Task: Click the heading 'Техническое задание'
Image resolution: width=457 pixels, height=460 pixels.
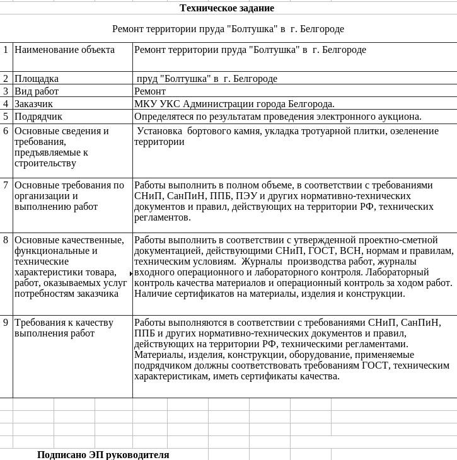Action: click(x=227, y=8)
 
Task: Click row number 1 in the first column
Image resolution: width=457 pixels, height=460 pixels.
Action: click(x=6, y=49)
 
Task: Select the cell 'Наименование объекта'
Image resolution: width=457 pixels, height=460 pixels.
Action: click(x=64, y=50)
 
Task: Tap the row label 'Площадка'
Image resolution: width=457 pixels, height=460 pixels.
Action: click(x=37, y=79)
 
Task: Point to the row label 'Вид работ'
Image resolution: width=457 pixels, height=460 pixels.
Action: click(x=37, y=91)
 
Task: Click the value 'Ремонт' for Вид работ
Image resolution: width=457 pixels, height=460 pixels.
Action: click(x=150, y=91)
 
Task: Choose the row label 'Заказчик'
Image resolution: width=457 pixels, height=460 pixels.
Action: click(x=34, y=104)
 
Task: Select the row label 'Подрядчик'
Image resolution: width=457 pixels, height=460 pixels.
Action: click(x=38, y=117)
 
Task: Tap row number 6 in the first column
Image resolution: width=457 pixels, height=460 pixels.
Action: click(x=6, y=131)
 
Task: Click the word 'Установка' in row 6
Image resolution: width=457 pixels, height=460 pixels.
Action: click(x=159, y=131)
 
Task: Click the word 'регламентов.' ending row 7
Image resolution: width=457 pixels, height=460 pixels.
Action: click(x=163, y=217)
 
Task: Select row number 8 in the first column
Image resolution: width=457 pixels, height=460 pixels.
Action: click(x=6, y=240)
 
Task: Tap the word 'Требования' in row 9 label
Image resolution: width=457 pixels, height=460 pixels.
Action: click(x=39, y=323)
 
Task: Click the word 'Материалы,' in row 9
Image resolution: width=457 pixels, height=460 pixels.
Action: click(x=158, y=355)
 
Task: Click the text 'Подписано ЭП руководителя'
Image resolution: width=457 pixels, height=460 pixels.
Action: click(x=103, y=454)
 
